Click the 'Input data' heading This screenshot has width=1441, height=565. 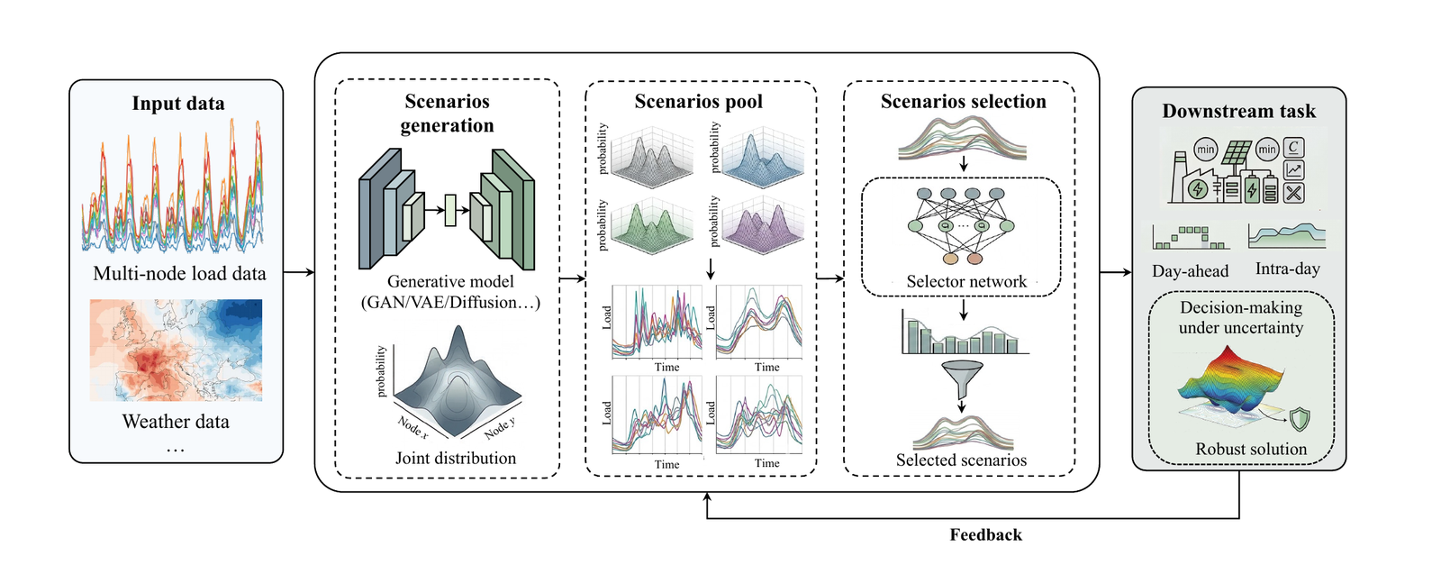point(178,104)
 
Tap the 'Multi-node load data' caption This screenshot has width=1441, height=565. point(179,274)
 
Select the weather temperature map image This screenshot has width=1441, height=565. point(176,350)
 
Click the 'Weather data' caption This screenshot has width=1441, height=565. point(176,422)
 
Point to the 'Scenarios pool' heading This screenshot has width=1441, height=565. point(699,102)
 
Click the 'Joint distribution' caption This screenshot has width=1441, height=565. point(456,458)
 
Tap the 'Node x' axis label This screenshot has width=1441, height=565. point(412,427)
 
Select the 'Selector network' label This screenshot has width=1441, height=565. point(966,281)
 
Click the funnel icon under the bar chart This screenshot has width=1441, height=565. point(963,379)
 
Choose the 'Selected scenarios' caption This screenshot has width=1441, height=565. point(961,460)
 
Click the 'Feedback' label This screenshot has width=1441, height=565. point(985,534)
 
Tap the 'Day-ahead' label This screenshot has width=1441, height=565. point(1190,271)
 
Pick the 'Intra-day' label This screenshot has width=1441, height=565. point(1287,269)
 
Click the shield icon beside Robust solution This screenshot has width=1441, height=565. point(1300,420)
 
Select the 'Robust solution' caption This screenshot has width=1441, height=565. point(1251,449)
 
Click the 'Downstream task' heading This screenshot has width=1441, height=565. point(1239,112)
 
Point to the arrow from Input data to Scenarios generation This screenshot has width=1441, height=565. point(299,272)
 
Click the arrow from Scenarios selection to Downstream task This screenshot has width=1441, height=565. point(1116,272)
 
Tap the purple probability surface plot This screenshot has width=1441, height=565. point(763,223)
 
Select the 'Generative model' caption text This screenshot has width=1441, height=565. point(450,281)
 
